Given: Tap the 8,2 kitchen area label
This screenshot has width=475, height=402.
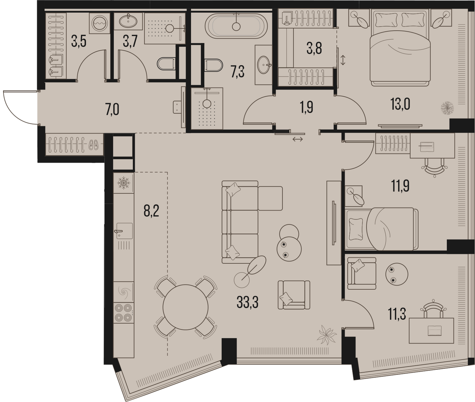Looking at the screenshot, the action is pos(151,211).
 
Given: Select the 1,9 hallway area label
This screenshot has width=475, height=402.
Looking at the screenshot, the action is pos(307,107).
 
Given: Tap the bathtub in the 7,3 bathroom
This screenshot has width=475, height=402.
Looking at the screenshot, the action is pos(236,26).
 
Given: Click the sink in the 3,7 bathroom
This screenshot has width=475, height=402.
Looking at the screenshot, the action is pos(128,21).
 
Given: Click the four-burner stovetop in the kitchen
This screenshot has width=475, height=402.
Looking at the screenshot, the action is pos(123,313).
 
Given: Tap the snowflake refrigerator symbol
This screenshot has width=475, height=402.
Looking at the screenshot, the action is pos(123,183).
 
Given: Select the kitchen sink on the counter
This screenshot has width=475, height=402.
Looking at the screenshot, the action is pos(124,231).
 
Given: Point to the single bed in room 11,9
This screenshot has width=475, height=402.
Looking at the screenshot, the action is pos(382,229).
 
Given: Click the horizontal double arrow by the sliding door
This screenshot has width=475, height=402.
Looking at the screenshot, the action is pos(298,139).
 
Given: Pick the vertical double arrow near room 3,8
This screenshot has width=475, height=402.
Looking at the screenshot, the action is pos(343,60).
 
